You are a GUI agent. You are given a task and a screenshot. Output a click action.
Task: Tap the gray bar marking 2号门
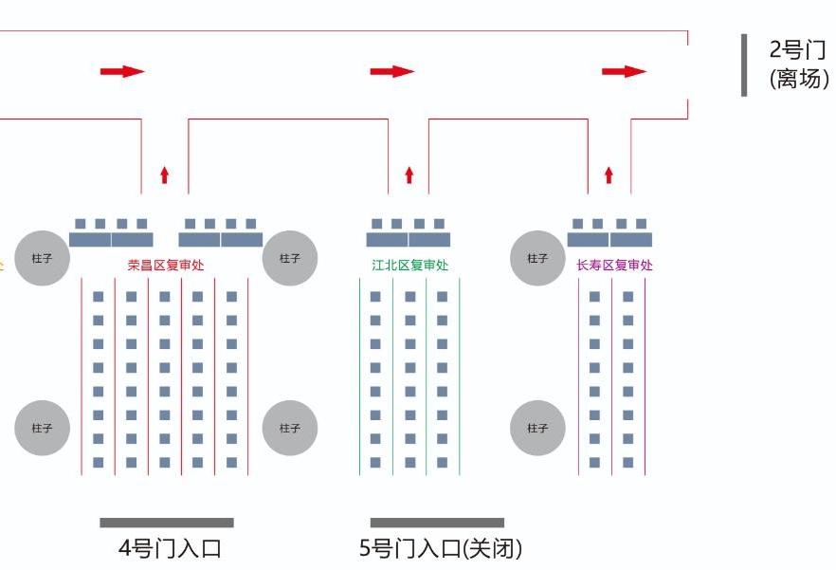[744, 65]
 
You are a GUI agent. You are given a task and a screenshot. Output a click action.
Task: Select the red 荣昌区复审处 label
[166, 266]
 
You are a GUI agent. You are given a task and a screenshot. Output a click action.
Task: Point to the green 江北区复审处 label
[410, 266]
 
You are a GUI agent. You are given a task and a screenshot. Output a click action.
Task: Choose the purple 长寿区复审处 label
[615, 266]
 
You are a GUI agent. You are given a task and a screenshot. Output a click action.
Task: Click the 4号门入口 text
[170, 548]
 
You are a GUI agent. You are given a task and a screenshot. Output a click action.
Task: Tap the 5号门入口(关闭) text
[441, 548]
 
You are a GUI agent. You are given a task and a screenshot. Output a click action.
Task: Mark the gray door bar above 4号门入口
[167, 523]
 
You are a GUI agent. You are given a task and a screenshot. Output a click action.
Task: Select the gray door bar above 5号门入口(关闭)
[437, 523]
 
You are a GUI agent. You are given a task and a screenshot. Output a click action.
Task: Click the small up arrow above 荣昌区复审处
[164, 175]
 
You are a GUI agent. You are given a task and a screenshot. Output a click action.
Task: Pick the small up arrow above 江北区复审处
[409, 175]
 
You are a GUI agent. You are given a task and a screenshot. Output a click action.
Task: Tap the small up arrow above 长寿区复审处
[609, 175]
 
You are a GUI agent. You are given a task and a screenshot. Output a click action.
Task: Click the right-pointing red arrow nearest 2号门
[624, 71]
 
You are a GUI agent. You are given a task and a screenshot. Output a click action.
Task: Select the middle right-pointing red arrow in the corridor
[392, 71]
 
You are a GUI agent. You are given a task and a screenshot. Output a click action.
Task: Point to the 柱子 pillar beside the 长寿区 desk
[537, 258]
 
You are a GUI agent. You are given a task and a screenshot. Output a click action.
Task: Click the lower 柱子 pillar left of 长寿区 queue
[537, 428]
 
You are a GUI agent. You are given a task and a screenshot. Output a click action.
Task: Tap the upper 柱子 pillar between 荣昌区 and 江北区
[290, 258]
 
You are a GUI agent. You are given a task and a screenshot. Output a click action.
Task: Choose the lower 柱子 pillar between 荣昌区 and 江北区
[290, 428]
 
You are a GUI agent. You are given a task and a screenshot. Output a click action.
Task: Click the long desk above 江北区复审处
[409, 240]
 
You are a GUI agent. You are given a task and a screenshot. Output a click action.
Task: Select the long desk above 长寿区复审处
[609, 240]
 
